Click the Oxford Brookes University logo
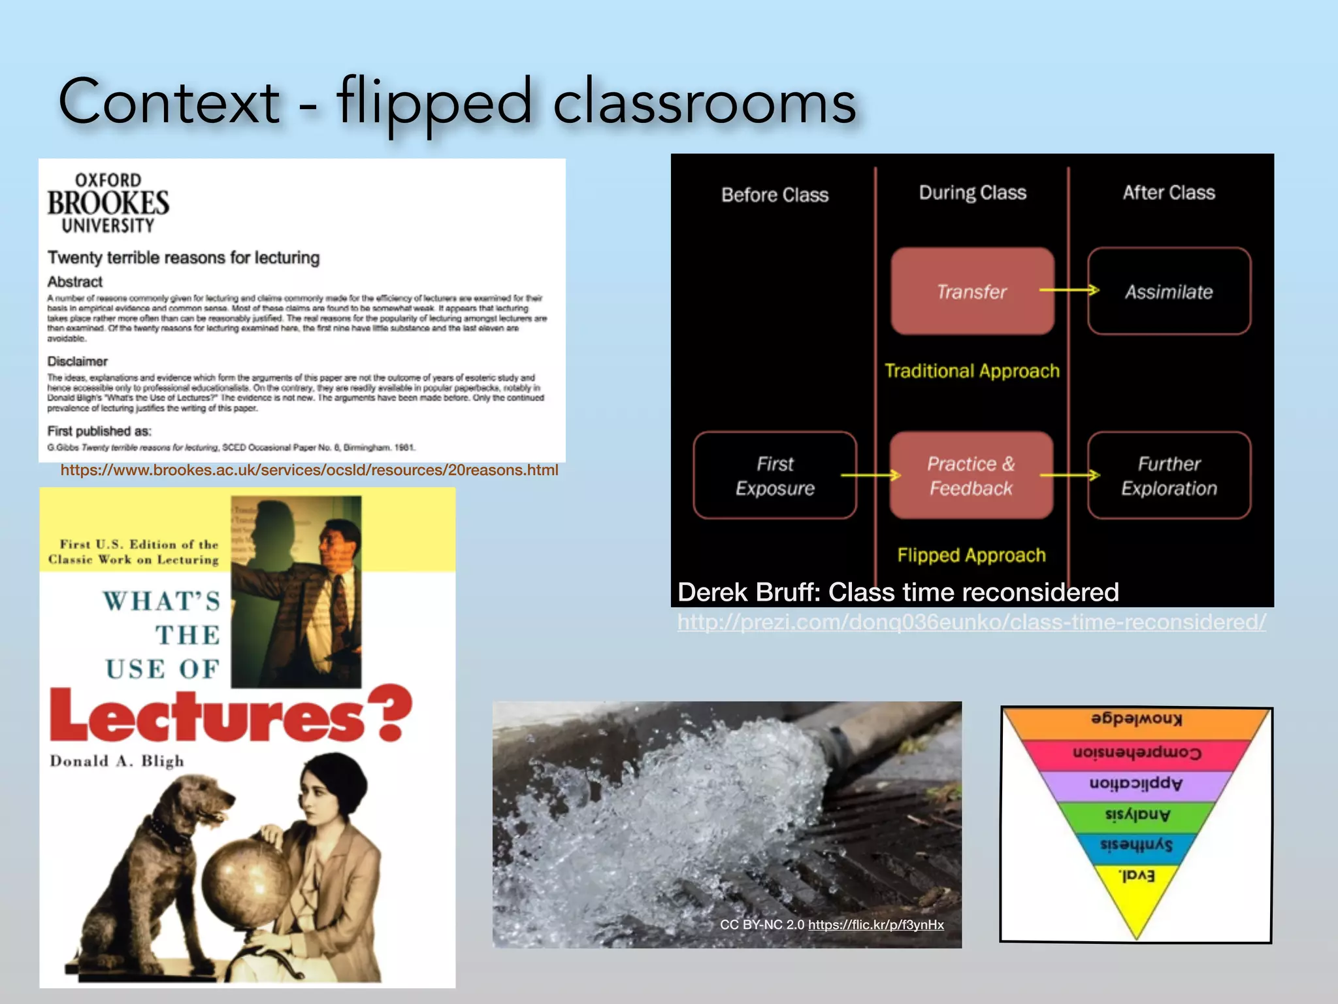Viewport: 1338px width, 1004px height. pos(108,203)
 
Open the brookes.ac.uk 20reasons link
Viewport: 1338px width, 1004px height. pos(309,470)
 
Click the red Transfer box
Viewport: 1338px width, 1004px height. pos(972,291)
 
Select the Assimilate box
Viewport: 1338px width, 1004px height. pos(1169,291)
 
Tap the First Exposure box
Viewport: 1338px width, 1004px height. pos(775,475)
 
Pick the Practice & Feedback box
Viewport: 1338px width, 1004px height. pos(971,475)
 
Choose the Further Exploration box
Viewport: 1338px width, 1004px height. pos(1169,475)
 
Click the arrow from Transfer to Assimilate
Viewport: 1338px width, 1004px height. pos(1069,290)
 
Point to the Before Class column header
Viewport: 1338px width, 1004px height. pos(775,195)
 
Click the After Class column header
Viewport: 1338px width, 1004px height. pos(1169,193)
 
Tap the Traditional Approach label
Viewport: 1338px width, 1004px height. pos(971,371)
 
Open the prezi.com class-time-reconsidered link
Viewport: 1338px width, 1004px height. pos(971,622)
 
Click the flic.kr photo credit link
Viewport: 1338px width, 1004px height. pos(875,924)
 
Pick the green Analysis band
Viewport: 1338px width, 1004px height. pos(1137,814)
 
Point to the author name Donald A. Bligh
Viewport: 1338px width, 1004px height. pos(117,761)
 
